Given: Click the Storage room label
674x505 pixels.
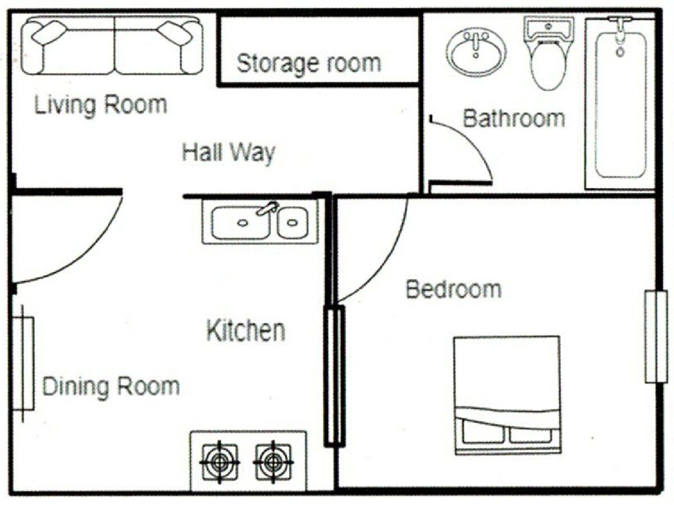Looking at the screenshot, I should pyautogui.click(x=308, y=63).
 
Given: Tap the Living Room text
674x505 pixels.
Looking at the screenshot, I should pyautogui.click(x=101, y=105).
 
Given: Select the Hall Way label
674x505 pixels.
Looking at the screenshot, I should pyautogui.click(x=228, y=153).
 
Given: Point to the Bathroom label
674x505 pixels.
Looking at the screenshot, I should pyautogui.click(x=513, y=118).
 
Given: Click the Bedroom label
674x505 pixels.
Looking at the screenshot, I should pyautogui.click(x=453, y=290).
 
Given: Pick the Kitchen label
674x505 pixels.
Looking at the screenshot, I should pyautogui.click(x=246, y=330).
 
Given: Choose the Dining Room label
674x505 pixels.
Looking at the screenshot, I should pyautogui.click(x=111, y=387).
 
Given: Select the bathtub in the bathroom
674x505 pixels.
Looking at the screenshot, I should pyautogui.click(x=620, y=104).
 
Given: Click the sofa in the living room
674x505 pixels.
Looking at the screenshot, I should pyautogui.click(x=112, y=47).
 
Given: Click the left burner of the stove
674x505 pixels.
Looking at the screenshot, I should pyautogui.click(x=220, y=462).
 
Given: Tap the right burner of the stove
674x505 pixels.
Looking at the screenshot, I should pyautogui.click(x=273, y=462).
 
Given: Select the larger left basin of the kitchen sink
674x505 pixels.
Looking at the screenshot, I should pyautogui.click(x=242, y=222).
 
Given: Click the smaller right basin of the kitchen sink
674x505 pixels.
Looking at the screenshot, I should pyautogui.click(x=292, y=222).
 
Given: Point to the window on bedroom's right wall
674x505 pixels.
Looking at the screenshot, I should pyautogui.click(x=655, y=337).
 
